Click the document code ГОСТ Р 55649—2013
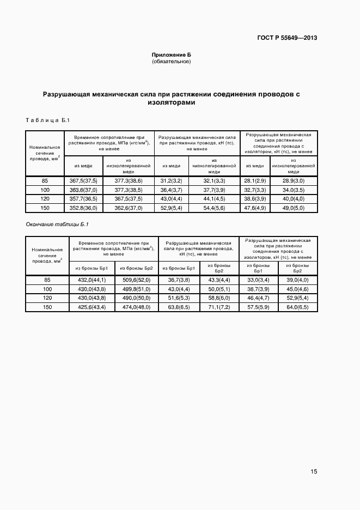(x=286, y=38)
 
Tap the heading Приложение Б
(x=171, y=55)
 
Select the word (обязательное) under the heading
(x=171, y=62)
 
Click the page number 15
(x=314, y=472)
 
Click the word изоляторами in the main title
(x=172, y=102)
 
